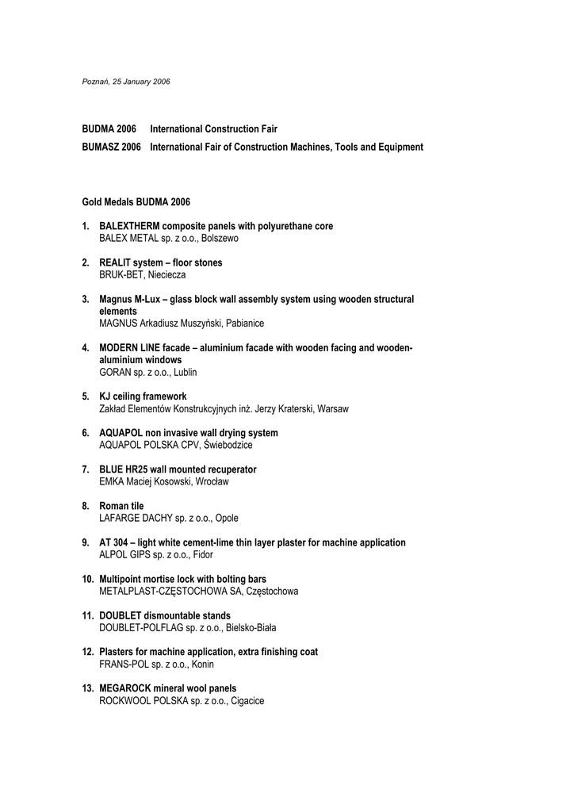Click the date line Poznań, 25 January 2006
tap(126, 82)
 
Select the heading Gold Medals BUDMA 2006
tap(136, 202)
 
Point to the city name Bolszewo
tap(220, 238)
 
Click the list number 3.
tap(85, 300)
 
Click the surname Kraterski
tap(293, 409)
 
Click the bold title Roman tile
tap(121, 506)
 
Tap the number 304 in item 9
tap(120, 542)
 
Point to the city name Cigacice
tap(247, 701)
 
